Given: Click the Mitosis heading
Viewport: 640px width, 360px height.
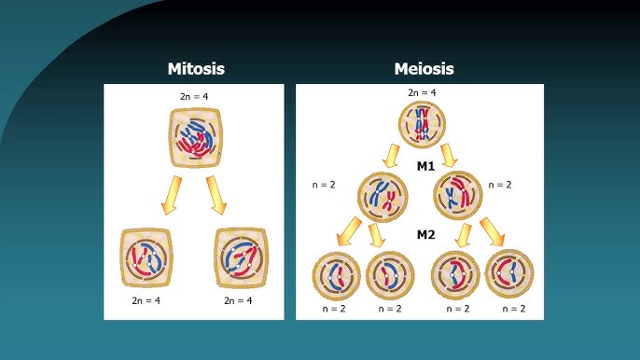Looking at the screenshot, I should point(196,69).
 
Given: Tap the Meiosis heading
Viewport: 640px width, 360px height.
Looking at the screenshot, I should point(424,69).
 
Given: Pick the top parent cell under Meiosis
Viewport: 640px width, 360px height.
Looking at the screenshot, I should point(423,123).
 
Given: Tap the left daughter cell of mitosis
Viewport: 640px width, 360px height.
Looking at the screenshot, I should point(147,257).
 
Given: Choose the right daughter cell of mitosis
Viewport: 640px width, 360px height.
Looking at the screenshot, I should point(242,257).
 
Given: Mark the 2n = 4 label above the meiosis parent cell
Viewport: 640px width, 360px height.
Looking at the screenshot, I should point(422,93).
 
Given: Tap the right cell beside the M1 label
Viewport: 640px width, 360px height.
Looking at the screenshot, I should point(459,193).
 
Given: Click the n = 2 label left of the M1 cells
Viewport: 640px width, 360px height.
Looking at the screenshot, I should point(324,185).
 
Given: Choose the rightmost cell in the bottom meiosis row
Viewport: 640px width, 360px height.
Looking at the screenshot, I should point(509,274).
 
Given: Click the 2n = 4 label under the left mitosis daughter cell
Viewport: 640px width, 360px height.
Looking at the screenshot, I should point(147,301).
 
